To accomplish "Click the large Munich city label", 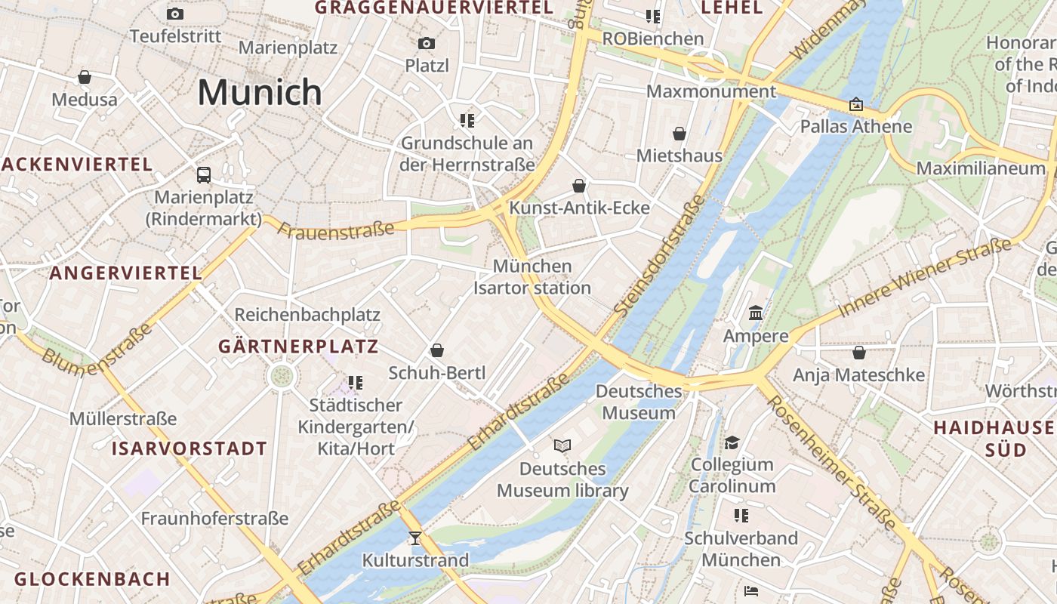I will coord(260,92).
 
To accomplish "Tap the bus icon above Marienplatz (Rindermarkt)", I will coord(204,175).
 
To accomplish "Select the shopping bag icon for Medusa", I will coord(85,77).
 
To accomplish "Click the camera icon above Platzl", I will coord(427,44).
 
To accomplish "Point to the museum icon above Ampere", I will coord(756,313).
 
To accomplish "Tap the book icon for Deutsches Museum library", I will coord(562,445).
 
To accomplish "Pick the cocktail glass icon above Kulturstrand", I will coord(414,538).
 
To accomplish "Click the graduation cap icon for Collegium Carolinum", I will coord(732,442).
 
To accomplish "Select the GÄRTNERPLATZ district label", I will coord(298,347).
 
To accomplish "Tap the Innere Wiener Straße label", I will coord(925,278).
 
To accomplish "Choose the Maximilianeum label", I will coord(981,168).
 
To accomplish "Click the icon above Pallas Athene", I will coord(856,104).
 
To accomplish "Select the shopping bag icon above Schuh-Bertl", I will coord(436,350).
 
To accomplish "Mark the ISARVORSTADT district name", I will coord(190,448).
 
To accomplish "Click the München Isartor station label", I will coord(532,277).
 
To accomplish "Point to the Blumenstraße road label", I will coord(97,349).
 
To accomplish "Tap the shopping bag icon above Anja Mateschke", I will coord(858,353).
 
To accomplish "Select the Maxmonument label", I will coord(711,91).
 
